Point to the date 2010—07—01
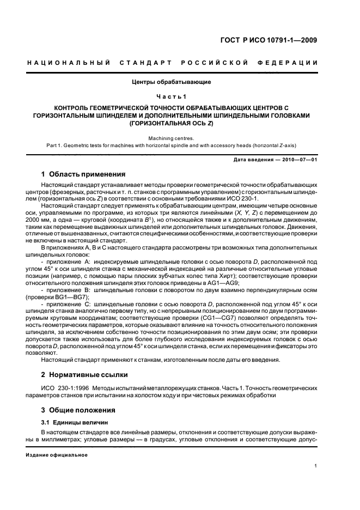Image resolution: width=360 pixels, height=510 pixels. (x=299, y=159)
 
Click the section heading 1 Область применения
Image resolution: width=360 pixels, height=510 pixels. (x=84, y=174)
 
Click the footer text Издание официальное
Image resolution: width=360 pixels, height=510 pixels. (x=53, y=454)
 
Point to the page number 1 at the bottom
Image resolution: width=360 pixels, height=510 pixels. (x=316, y=466)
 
